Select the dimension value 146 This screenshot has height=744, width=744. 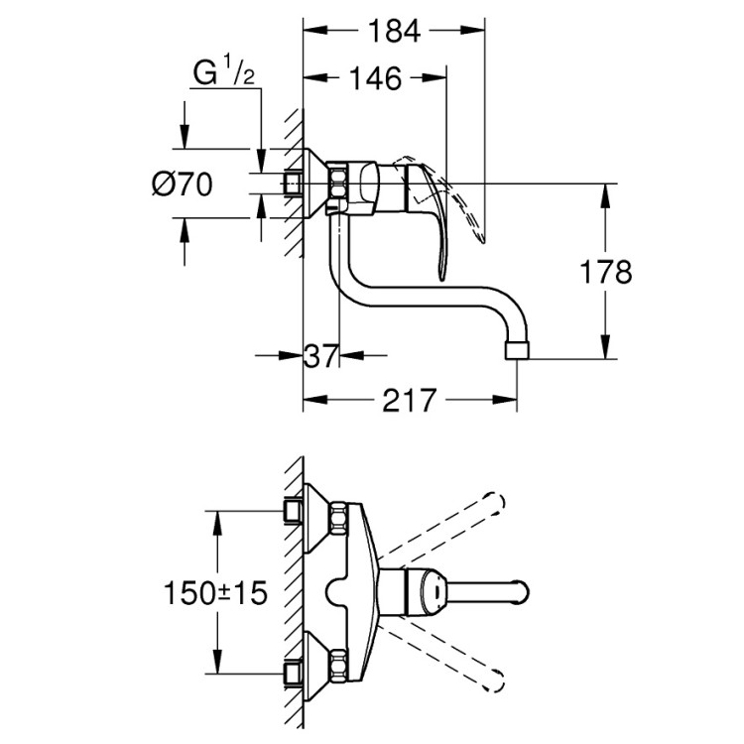pyautogui.click(x=374, y=78)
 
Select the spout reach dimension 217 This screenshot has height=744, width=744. pyautogui.click(x=409, y=401)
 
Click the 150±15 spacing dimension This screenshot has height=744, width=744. pyautogui.click(x=217, y=593)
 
